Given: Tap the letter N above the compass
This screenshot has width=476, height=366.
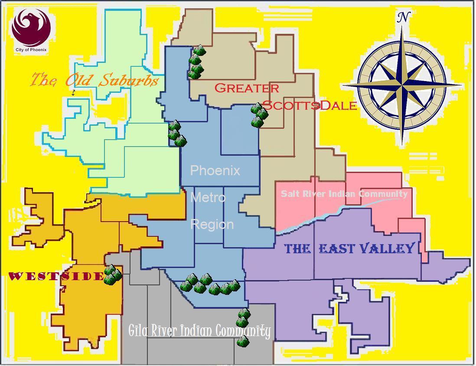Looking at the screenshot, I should tap(404, 17).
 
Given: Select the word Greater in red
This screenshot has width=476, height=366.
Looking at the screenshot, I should tap(247, 88).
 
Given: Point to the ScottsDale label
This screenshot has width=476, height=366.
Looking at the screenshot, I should tap(310, 105).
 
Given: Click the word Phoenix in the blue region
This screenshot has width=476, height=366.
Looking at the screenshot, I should tap(215, 170).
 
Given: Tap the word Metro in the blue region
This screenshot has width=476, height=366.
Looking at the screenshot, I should tap(208, 197).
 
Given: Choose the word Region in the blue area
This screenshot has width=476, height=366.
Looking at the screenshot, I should tap(212, 224).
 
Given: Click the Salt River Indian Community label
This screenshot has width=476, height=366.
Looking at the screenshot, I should tap(344, 193).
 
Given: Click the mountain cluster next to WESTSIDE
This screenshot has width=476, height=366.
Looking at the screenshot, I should tap(112, 274).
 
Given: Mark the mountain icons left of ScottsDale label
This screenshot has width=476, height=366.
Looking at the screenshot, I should tap(259, 115).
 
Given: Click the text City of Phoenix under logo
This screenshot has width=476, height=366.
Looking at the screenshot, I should tap(31, 49).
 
